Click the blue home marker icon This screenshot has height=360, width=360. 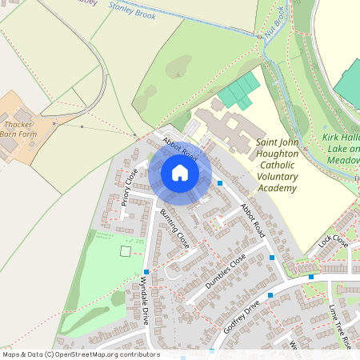[x=180, y=173]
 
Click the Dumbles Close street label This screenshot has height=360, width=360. [x=226, y=273]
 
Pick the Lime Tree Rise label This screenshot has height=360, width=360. [x=340, y=325]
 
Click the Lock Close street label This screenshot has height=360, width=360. [x=333, y=240]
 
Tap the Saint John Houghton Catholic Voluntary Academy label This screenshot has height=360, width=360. [x=276, y=165]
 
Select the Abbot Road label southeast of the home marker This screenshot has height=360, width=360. [x=252, y=216]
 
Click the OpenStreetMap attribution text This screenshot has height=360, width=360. [x=80, y=354]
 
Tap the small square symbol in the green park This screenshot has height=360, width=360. [x=125, y=251]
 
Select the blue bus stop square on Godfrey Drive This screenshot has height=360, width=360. [x=270, y=295]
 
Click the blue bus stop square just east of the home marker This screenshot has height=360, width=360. [x=220, y=183]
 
